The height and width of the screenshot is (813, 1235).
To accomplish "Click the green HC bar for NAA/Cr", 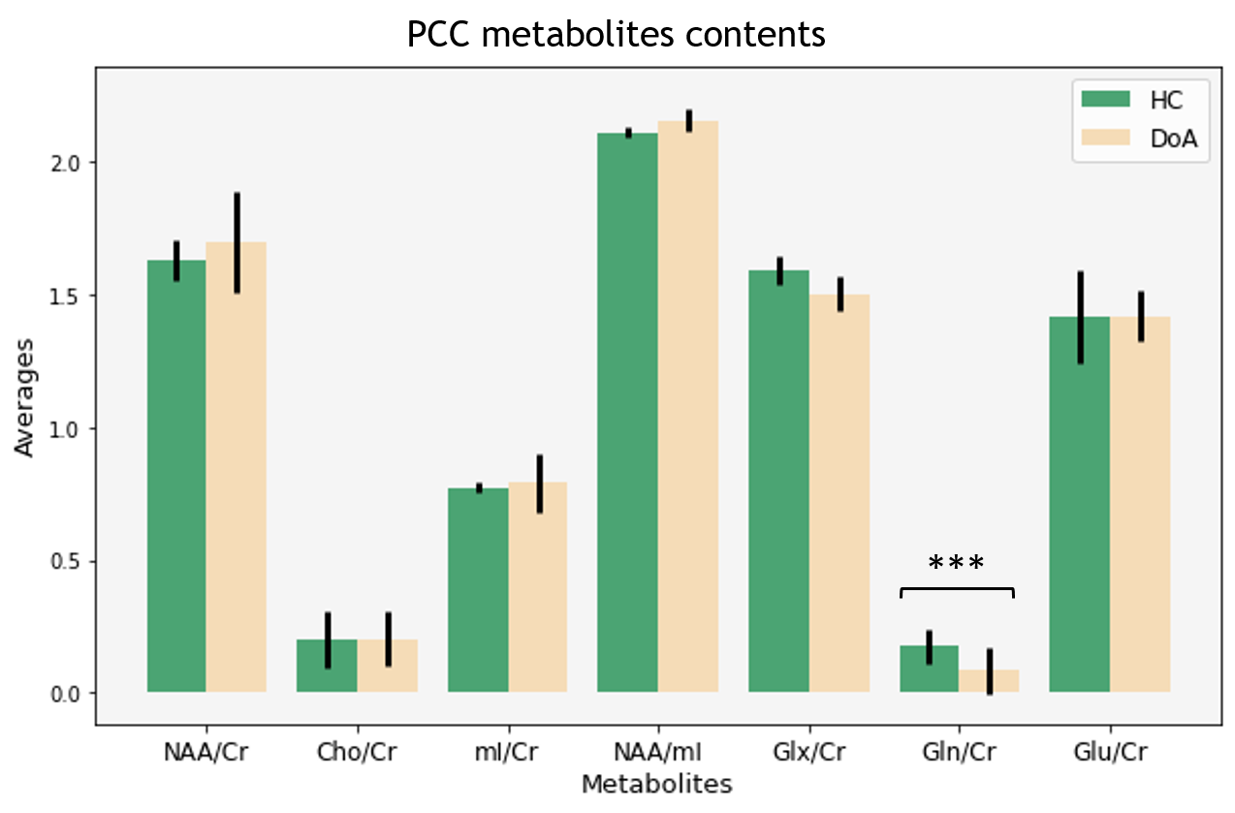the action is [176, 476].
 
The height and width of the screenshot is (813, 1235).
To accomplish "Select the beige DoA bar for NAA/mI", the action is [688, 406].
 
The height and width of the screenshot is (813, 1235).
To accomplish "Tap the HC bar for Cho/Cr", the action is [327, 666].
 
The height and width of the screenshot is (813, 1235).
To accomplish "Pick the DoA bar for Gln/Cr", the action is [989, 680].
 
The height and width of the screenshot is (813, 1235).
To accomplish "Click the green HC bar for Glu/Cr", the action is [1080, 504].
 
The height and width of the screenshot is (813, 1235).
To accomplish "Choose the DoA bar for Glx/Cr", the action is [839, 493].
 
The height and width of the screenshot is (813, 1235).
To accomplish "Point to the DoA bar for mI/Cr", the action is [538, 587].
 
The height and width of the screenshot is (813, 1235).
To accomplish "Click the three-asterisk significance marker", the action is [956, 562].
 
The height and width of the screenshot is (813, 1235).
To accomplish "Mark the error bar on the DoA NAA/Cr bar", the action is [237, 243].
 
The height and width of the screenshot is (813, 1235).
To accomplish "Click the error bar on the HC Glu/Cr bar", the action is [1081, 318].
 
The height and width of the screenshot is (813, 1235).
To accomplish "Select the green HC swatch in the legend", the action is [1106, 99].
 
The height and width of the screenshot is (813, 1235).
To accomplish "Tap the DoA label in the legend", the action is [1174, 139].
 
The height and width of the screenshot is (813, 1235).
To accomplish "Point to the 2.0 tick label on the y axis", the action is [65, 164].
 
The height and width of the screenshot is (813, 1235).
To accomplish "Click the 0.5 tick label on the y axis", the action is [65, 562].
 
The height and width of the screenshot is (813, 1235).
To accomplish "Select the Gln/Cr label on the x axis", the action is [960, 752].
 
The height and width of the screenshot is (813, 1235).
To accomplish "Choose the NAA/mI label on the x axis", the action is [658, 752].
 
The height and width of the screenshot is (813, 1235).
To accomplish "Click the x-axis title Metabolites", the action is [657, 784].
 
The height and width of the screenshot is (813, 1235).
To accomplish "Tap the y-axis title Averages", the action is [24, 397].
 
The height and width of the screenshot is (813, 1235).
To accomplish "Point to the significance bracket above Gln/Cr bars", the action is [957, 589].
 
